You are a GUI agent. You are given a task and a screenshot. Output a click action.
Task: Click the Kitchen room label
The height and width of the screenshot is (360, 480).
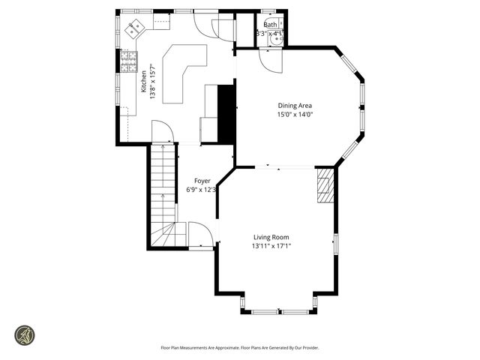tap(144, 82)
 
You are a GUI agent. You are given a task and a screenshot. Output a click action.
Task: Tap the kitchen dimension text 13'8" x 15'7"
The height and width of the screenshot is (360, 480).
tap(154, 82)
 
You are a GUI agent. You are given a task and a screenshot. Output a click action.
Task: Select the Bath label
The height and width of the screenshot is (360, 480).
tap(269, 25)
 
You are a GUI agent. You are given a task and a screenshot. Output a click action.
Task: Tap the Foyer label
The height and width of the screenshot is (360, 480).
tap(202, 181)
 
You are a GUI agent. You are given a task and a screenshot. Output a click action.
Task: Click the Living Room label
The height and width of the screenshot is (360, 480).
tap(271, 236)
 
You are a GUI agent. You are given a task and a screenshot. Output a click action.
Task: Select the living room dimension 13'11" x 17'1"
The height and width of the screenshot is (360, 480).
tap(271, 246)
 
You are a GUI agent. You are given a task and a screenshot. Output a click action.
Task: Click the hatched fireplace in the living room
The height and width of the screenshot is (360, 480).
tap(324, 185)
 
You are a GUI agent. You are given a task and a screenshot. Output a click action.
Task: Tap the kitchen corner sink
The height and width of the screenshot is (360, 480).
tap(135, 28)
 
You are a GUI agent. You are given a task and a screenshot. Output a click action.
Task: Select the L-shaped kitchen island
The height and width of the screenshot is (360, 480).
tap(180, 71)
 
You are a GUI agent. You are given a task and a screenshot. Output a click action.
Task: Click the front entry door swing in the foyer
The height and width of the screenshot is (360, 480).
tap(199, 234)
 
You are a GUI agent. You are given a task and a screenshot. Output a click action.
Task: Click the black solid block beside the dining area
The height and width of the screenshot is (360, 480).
tap(226, 112)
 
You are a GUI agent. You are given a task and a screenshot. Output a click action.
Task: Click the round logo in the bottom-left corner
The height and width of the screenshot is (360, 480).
tap(25, 334)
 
